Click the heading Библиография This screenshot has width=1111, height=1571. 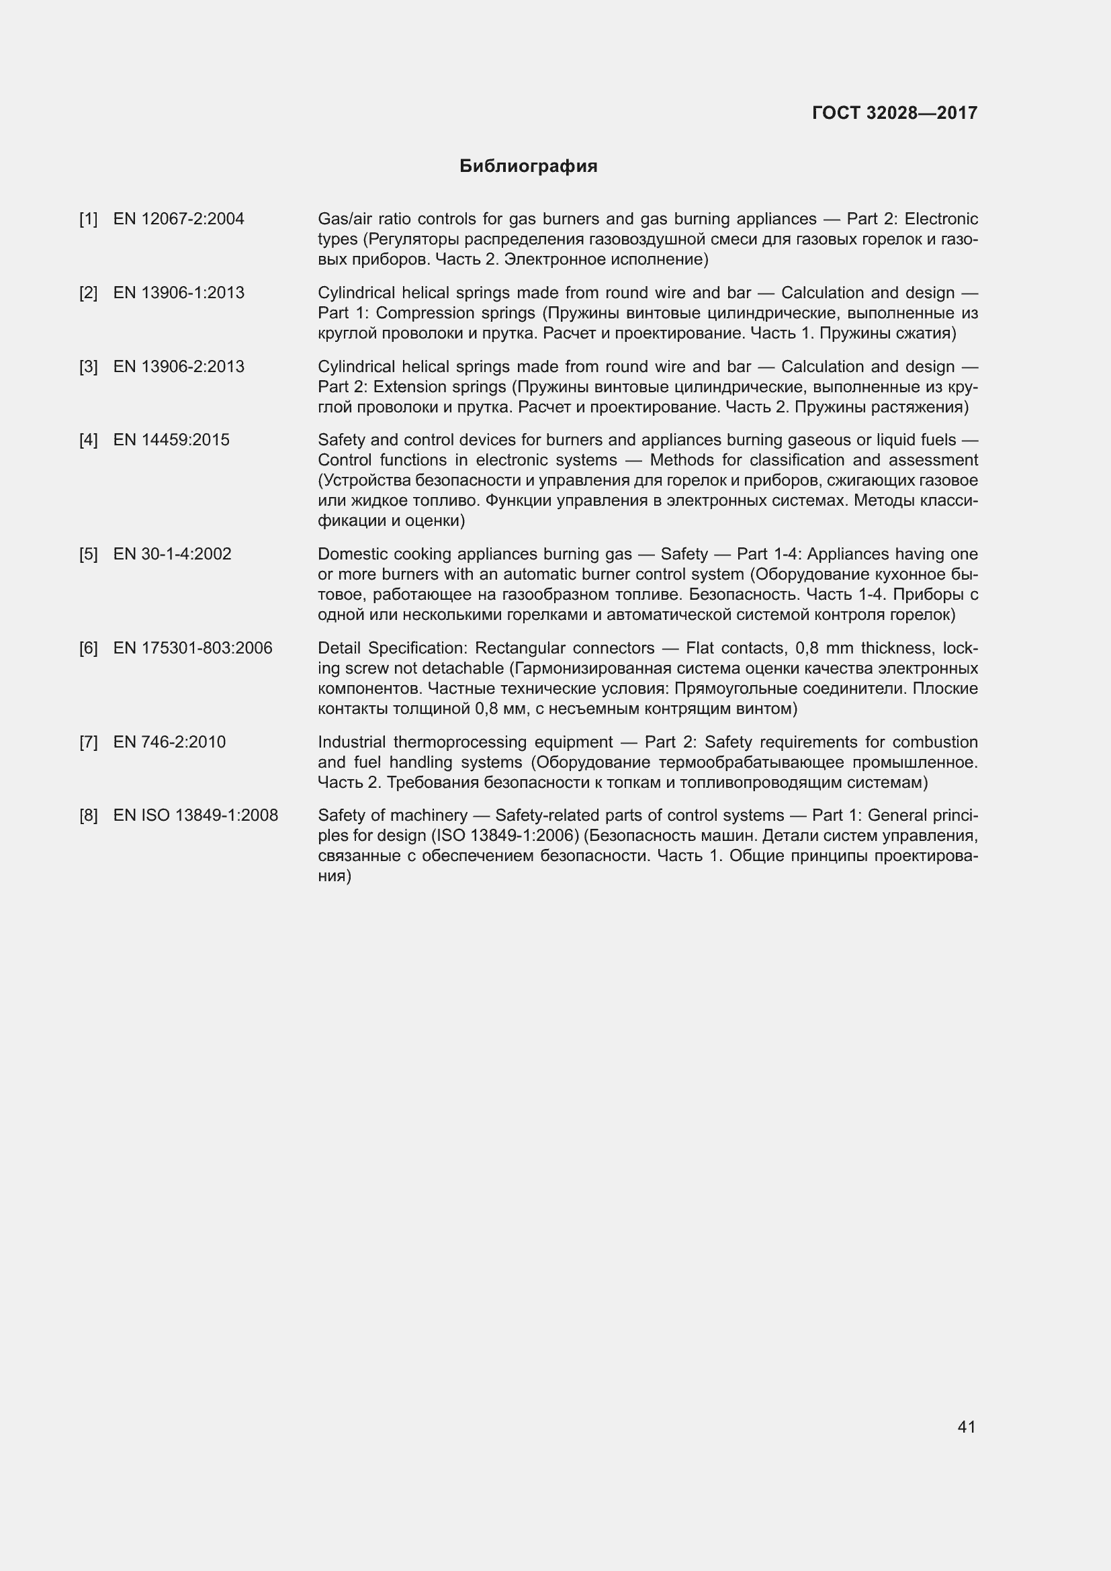(528, 167)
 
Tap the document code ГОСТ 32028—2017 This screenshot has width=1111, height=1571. (895, 113)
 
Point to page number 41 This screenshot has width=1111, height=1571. (966, 1427)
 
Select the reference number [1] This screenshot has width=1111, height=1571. (88, 219)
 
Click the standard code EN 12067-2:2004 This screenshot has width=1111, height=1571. (179, 219)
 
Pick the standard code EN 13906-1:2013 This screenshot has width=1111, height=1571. (179, 293)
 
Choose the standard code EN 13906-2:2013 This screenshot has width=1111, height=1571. (179, 367)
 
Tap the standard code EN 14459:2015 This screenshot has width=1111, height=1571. (171, 440)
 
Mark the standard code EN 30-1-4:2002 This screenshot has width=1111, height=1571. (173, 554)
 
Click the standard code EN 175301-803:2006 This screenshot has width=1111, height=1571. (193, 648)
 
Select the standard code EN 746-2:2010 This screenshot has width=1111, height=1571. (169, 742)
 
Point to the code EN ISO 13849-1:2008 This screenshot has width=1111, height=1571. (195, 815)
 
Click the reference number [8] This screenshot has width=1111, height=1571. (88, 815)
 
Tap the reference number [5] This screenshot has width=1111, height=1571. (88, 554)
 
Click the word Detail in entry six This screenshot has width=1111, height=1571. (339, 648)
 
